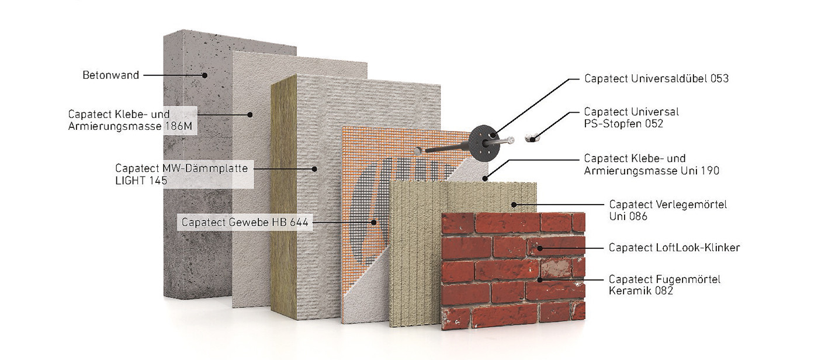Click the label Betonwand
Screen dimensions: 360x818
pyautogui.click(x=110, y=75)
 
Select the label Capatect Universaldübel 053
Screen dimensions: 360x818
pyautogui.click(x=656, y=78)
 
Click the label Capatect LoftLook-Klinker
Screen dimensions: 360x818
pyautogui.click(x=674, y=248)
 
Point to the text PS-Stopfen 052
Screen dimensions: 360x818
pyautogui.click(x=623, y=123)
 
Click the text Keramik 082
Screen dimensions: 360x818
pyautogui.click(x=640, y=290)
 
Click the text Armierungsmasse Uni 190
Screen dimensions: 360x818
pyautogui.click(x=651, y=171)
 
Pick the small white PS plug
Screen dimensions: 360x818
pyautogui.click(x=531, y=138)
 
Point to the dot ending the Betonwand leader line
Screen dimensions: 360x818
pyautogui.click(x=205, y=75)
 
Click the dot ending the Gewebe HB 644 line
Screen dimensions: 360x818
pyautogui.click(x=375, y=222)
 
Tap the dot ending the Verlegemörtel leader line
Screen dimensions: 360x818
pyautogui.click(x=514, y=205)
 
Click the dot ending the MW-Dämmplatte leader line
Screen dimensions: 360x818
pyautogui.click(x=314, y=169)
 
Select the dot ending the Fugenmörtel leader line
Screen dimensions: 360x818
pyautogui.click(x=541, y=279)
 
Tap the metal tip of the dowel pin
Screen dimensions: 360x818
pyautogui.click(x=511, y=140)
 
